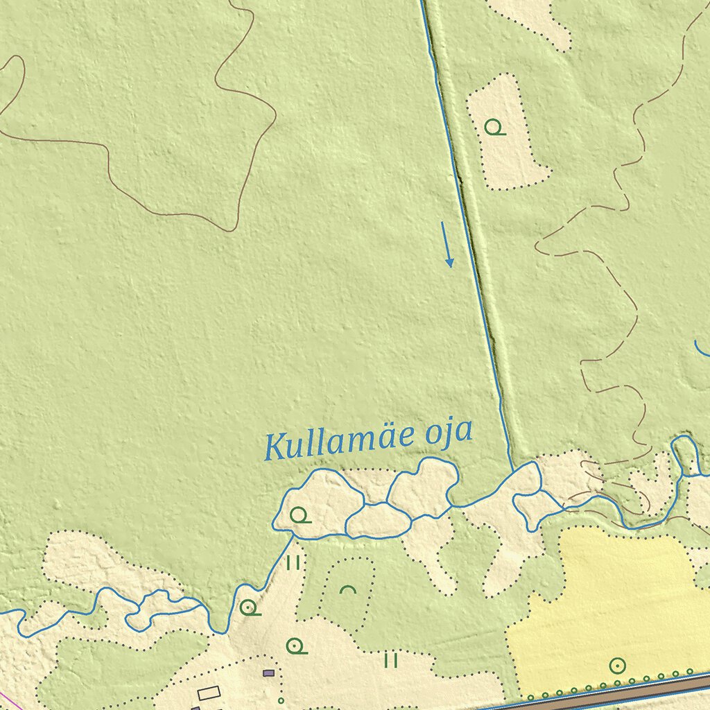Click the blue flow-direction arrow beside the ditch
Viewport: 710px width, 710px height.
pyautogui.click(x=447, y=245)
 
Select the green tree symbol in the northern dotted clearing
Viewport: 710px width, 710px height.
pyautogui.click(x=494, y=128)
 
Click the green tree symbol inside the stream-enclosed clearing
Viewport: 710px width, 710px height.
pyautogui.click(x=299, y=515)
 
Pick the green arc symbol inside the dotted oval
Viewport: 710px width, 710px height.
pyautogui.click(x=348, y=590)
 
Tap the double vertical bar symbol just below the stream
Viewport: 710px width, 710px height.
pyautogui.click(x=293, y=562)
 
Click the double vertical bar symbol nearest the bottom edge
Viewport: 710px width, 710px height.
pyautogui.click(x=391, y=659)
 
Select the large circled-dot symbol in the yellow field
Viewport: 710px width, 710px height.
pyautogui.click(x=617, y=666)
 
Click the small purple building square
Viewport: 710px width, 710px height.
pyautogui.click(x=269, y=673)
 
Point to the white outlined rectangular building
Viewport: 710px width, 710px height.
pyautogui.click(x=209, y=692)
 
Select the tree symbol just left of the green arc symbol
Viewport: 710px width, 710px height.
pyautogui.click(x=250, y=609)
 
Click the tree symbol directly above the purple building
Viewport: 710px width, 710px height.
pyautogui.click(x=297, y=646)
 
